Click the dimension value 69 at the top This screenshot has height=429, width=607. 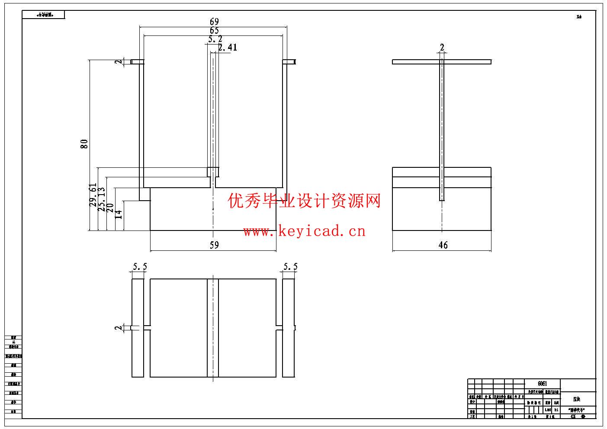(x=214, y=22)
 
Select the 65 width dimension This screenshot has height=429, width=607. (x=214, y=31)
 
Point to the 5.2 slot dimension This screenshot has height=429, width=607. (x=215, y=39)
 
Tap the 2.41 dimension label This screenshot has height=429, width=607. (x=228, y=48)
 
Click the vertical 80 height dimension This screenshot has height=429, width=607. (x=84, y=144)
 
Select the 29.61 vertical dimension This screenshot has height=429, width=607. (x=93, y=195)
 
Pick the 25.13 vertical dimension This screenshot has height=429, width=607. (x=101, y=199)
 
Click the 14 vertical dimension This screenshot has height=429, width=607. (x=119, y=214)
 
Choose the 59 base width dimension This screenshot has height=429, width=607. (x=214, y=245)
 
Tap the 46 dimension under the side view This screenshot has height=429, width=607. (x=443, y=245)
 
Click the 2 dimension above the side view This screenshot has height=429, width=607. (x=442, y=48)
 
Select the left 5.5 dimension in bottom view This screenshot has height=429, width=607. (x=140, y=267)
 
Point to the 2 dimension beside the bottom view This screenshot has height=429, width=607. (x=119, y=328)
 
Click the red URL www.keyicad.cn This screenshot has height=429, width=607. (x=304, y=231)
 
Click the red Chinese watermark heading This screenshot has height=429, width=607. (x=304, y=201)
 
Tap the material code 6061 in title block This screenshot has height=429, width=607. (x=542, y=384)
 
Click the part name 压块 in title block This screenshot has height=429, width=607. (x=577, y=399)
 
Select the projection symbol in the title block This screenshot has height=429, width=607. (x=578, y=416)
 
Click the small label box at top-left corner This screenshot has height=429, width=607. (x=44, y=15)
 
